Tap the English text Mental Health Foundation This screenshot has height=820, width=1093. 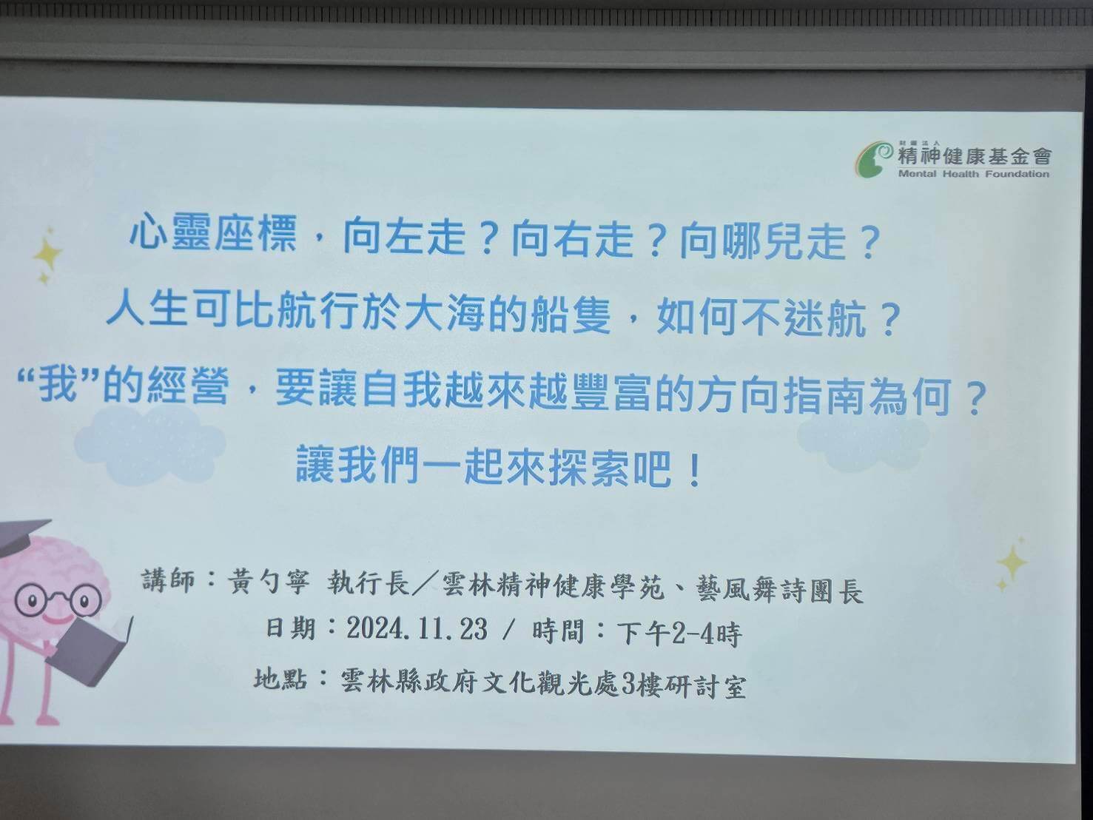973,175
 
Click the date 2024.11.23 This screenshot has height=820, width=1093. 417,630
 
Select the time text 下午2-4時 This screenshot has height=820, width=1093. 679,634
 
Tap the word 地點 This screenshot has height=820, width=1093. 280,678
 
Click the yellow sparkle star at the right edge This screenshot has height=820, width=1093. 1012,564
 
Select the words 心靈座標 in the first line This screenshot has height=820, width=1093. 213,234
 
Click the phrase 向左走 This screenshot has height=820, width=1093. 404,236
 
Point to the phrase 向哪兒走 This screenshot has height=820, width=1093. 761,241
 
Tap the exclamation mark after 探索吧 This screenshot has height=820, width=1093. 693,471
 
